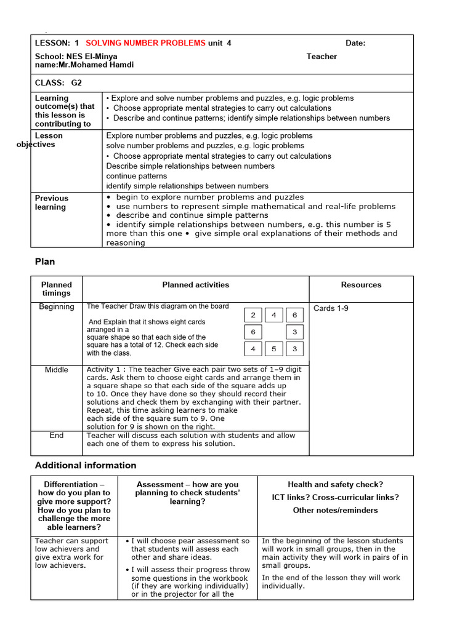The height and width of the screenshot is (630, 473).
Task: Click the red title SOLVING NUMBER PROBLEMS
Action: tap(146, 43)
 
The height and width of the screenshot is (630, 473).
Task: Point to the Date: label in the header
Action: tap(355, 43)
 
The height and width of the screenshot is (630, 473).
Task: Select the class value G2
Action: tap(76, 82)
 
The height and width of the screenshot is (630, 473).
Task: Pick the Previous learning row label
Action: tap(52, 202)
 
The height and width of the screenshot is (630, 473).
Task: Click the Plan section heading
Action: tap(45, 261)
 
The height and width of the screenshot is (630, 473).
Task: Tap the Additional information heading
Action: tap(86, 465)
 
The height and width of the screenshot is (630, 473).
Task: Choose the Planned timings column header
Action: tap(57, 289)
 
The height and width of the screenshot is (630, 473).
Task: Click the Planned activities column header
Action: tap(195, 285)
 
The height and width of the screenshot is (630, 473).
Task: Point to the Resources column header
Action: tap(361, 285)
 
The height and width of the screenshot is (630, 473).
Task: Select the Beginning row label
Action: tap(57, 307)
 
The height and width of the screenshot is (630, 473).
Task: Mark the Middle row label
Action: tap(57, 370)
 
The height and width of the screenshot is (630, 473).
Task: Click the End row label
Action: tap(57, 436)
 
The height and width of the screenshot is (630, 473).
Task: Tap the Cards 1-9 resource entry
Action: tap(331, 308)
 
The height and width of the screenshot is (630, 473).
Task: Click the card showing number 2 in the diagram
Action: tap(253, 315)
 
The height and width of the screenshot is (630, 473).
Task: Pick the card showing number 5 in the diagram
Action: tap(273, 349)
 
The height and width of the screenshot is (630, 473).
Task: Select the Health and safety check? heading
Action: tap(336, 485)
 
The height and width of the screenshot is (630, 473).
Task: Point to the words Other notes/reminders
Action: tap(336, 510)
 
